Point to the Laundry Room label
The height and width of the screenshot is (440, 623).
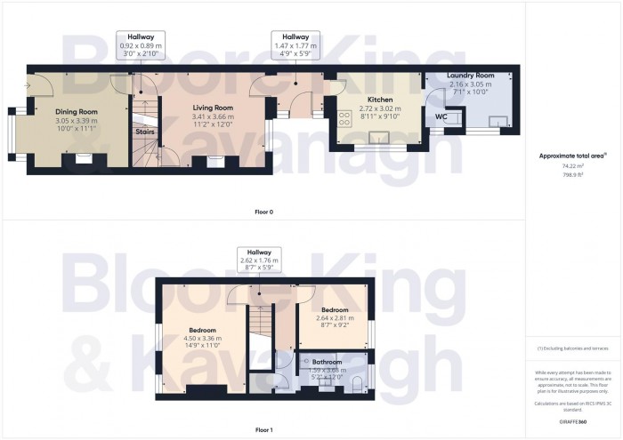coord(471,75)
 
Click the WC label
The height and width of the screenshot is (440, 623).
coord(441,116)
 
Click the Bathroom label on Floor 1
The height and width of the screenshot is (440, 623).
coord(327,362)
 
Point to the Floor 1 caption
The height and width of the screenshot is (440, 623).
coord(263,429)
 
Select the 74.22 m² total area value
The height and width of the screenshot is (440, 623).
coord(572,165)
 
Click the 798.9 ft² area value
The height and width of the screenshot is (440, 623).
coord(572,175)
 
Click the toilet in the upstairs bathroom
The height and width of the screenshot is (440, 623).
coord(356,384)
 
